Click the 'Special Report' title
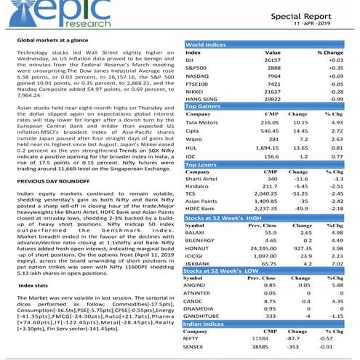311,14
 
